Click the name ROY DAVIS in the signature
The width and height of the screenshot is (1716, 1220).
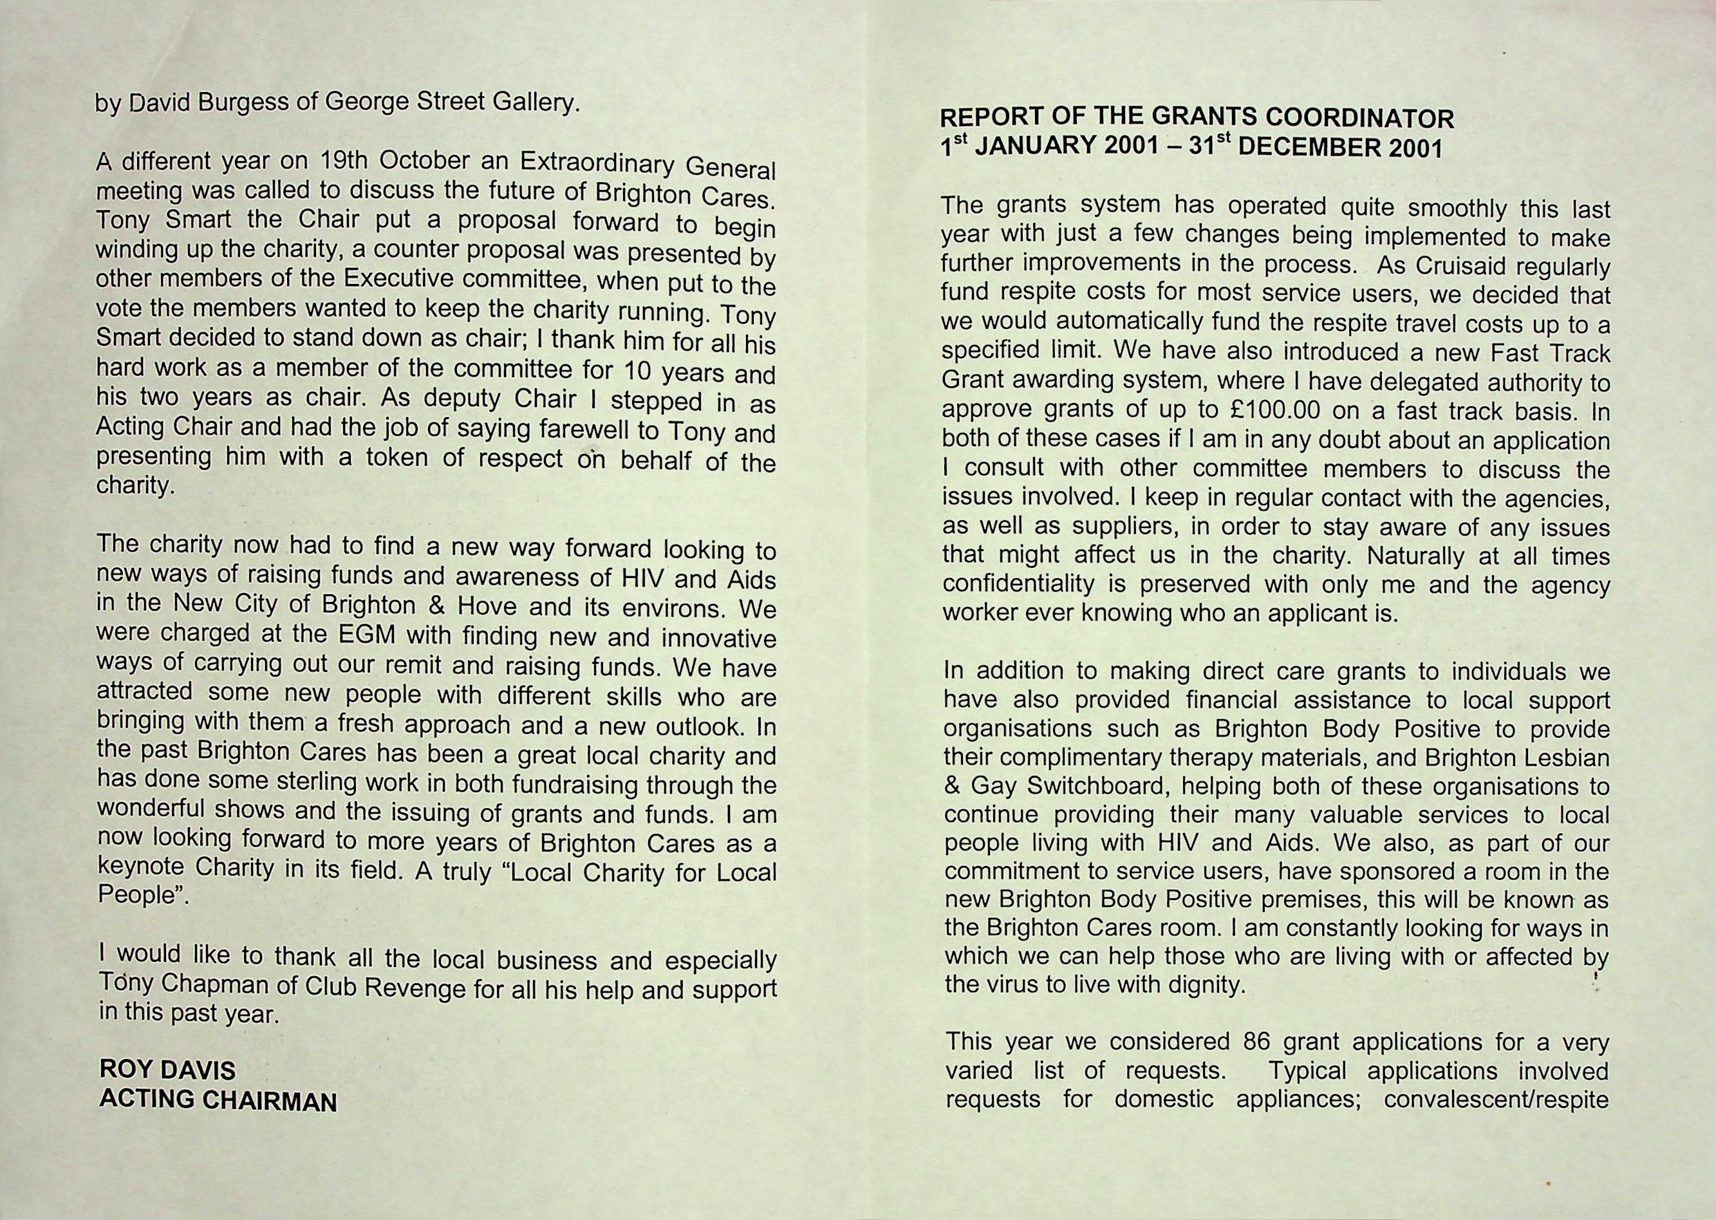167,1070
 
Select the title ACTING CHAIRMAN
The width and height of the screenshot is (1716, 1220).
218,1100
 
